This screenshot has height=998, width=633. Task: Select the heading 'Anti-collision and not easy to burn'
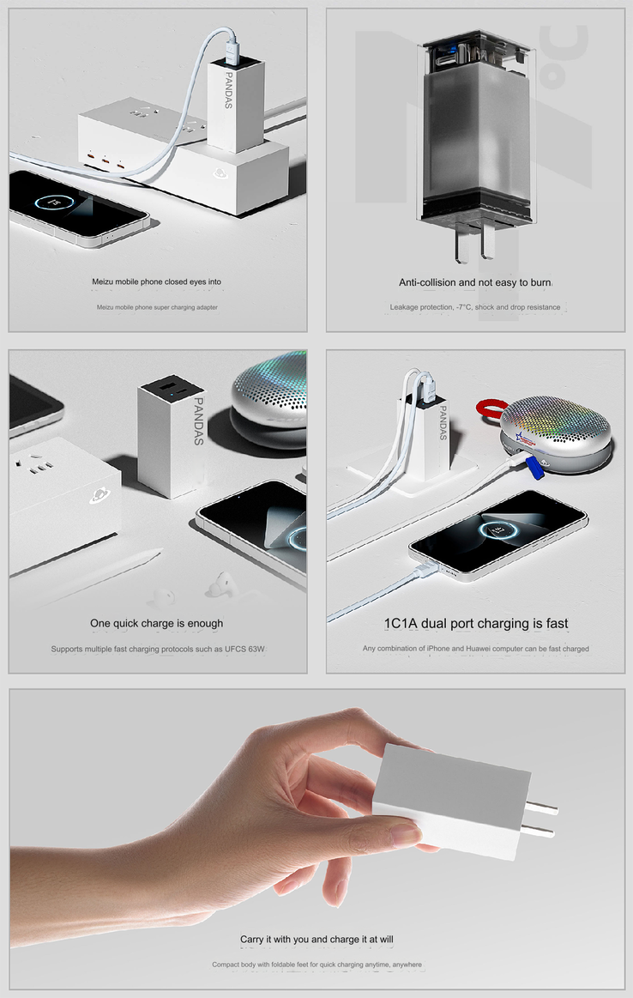click(475, 282)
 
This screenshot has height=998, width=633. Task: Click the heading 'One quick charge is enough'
click(156, 623)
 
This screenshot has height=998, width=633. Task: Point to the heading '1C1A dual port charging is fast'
click(476, 623)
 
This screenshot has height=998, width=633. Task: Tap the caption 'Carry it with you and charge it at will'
click(316, 939)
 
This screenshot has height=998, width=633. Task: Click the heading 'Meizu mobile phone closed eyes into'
click(156, 281)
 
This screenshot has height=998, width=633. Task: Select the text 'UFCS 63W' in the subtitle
click(245, 650)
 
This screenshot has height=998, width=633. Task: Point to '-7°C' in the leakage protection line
click(464, 307)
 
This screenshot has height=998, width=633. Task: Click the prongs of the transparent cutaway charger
click(474, 242)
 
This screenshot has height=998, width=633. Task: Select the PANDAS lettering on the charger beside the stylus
click(198, 421)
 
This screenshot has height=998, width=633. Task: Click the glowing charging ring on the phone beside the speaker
click(498, 530)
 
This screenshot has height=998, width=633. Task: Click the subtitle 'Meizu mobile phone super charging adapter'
click(157, 307)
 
